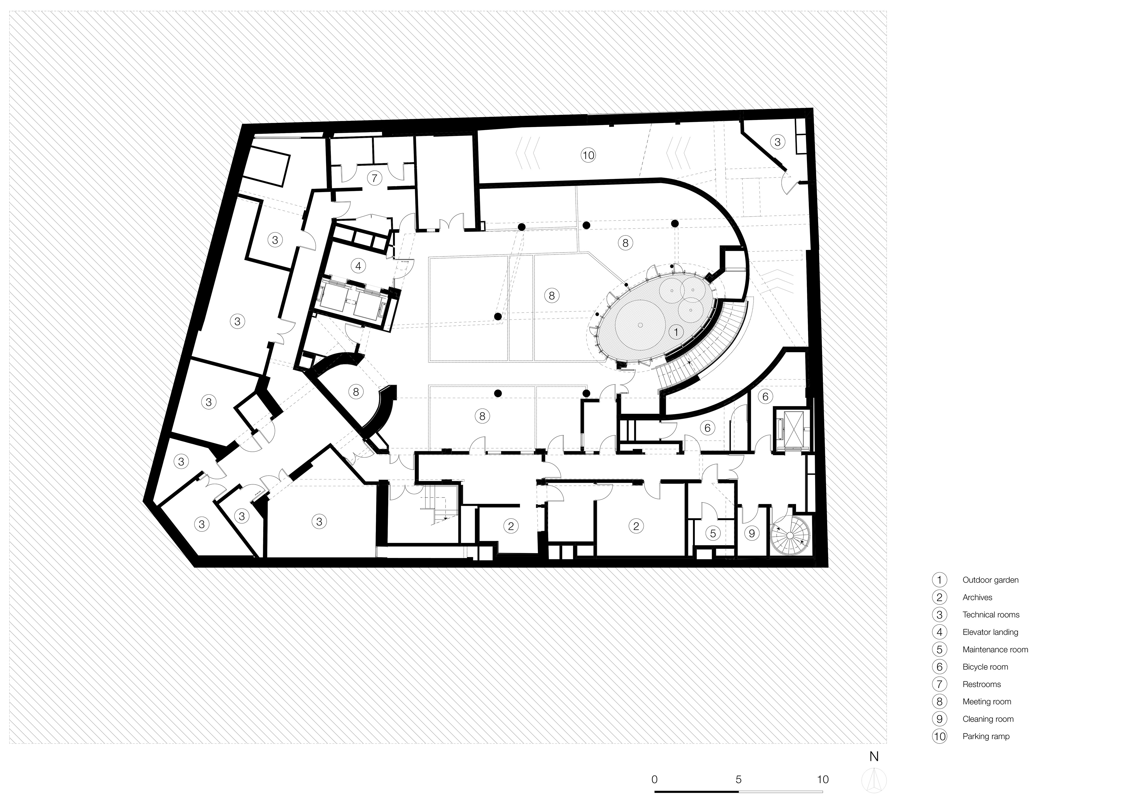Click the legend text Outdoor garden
tap(990, 580)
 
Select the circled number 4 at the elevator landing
tap(358, 266)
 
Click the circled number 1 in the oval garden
tap(676, 331)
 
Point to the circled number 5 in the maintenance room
tap(713, 533)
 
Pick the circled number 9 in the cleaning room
tap(752, 533)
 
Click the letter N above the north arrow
tap(874, 757)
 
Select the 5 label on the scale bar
tap(738, 779)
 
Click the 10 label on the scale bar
tap(823, 779)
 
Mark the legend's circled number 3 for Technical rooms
tap(940, 615)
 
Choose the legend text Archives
tap(977, 598)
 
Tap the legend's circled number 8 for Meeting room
tap(940, 701)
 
